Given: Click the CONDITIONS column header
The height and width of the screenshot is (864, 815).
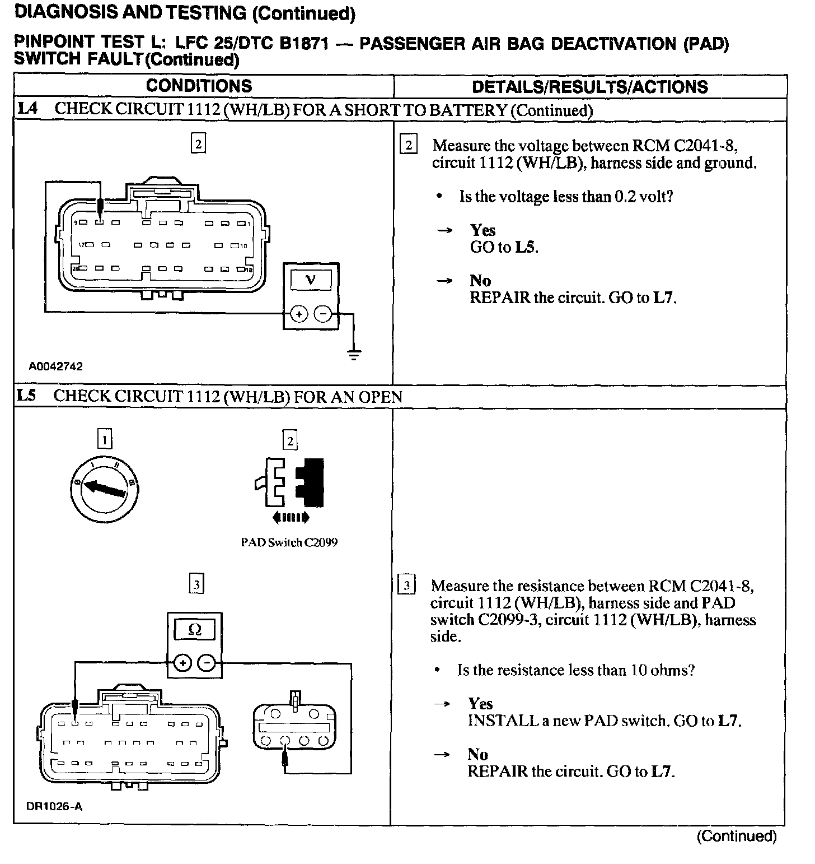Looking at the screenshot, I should (199, 86).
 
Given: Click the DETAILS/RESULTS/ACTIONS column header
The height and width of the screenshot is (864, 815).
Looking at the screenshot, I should (590, 87).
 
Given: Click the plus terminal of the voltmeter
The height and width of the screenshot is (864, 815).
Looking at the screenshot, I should (299, 314).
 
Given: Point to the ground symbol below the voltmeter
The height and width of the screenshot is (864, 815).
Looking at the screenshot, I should (354, 354).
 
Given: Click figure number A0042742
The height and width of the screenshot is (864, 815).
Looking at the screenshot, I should (56, 366).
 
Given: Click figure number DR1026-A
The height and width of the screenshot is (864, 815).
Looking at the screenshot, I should (54, 807).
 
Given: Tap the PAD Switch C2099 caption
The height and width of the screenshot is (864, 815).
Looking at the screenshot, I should (289, 542).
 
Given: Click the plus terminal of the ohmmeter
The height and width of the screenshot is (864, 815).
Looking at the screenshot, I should (182, 663).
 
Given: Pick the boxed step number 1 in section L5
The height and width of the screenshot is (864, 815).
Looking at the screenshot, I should (105, 439).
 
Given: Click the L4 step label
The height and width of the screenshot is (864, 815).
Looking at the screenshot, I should (27, 109).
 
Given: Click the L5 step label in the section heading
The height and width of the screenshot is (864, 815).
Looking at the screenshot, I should (26, 396).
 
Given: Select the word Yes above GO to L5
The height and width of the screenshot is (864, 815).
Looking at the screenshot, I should (483, 230).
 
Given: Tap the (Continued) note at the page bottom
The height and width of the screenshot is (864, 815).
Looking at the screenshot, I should (736, 837).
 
